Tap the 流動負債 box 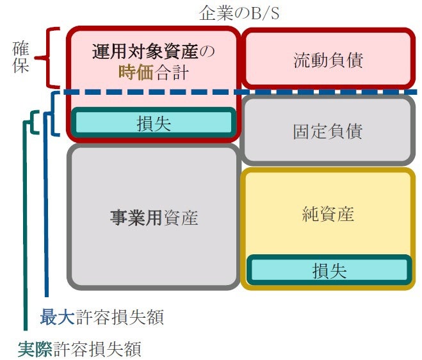tap(328, 60)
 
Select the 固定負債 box tap(328, 131)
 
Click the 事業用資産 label tap(154, 218)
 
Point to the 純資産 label tap(328, 214)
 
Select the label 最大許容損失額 tap(102, 317)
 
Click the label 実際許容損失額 tap(79, 349)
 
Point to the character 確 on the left tap(20, 48)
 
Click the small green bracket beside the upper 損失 tap(34, 122)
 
